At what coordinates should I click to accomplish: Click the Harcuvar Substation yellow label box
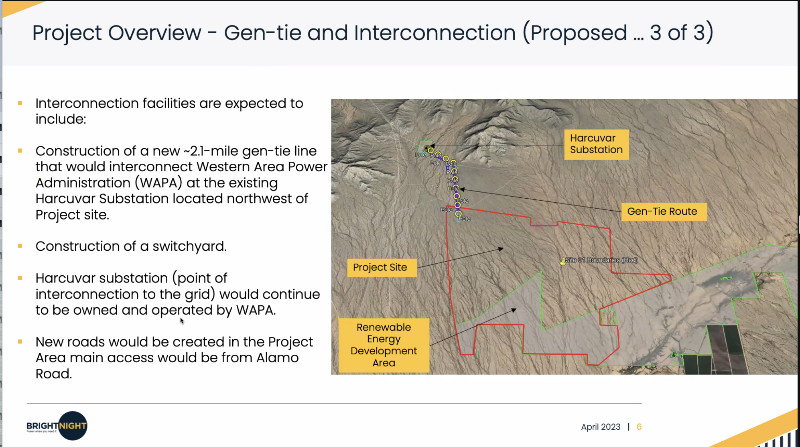pos(596,144)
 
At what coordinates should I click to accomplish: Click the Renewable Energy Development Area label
pos(384,345)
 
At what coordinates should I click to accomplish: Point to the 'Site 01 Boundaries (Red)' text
pos(601,260)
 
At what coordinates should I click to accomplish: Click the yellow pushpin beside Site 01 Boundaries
pos(562,262)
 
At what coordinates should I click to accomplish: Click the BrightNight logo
pos(57,426)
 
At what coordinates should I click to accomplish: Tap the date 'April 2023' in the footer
pos(601,427)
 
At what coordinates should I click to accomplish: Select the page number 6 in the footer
pos(639,427)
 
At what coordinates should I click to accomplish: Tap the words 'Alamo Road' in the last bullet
pos(167,366)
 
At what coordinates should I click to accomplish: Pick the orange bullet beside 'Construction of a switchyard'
pos(20,246)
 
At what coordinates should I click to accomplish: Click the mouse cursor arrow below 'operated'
pos(182,321)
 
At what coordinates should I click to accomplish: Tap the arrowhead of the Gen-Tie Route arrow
pos(462,189)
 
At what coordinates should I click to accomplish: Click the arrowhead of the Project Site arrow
pos(501,249)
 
